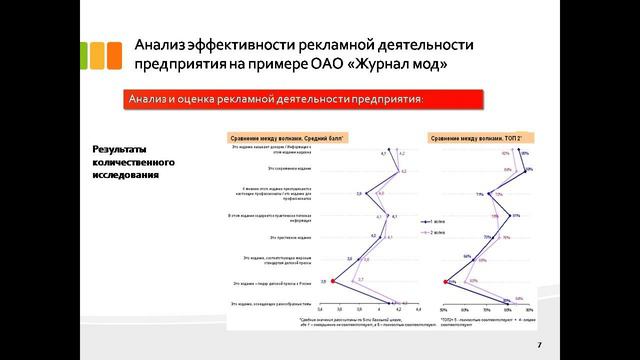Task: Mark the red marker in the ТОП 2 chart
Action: [444, 282]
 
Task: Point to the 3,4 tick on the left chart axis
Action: [320, 310]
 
